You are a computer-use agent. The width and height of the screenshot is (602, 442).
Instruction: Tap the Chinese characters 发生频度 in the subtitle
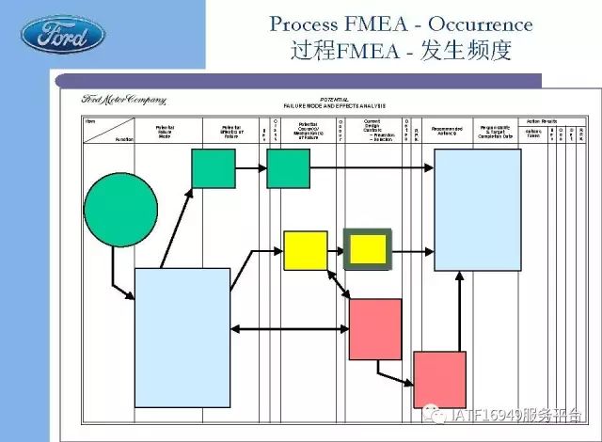tap(468, 51)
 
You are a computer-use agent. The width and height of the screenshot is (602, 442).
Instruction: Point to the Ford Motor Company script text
tap(123, 99)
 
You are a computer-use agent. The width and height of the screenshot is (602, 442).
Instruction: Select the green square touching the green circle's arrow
tap(214, 168)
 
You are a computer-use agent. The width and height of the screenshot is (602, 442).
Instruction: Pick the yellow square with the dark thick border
tap(367, 249)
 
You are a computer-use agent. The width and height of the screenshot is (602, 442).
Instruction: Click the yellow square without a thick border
tap(305, 249)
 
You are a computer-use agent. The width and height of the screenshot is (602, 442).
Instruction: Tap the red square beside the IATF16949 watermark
tap(439, 379)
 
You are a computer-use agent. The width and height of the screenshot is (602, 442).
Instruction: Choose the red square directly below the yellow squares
tap(375, 329)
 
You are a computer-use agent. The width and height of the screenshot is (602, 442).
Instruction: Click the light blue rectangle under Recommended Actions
tap(477, 208)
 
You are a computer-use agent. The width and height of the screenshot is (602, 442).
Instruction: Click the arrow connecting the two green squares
tap(250, 169)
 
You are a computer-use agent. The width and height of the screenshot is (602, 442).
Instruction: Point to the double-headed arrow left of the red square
tap(290, 329)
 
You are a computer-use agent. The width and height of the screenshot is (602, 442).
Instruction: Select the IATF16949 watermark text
tap(503, 415)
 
